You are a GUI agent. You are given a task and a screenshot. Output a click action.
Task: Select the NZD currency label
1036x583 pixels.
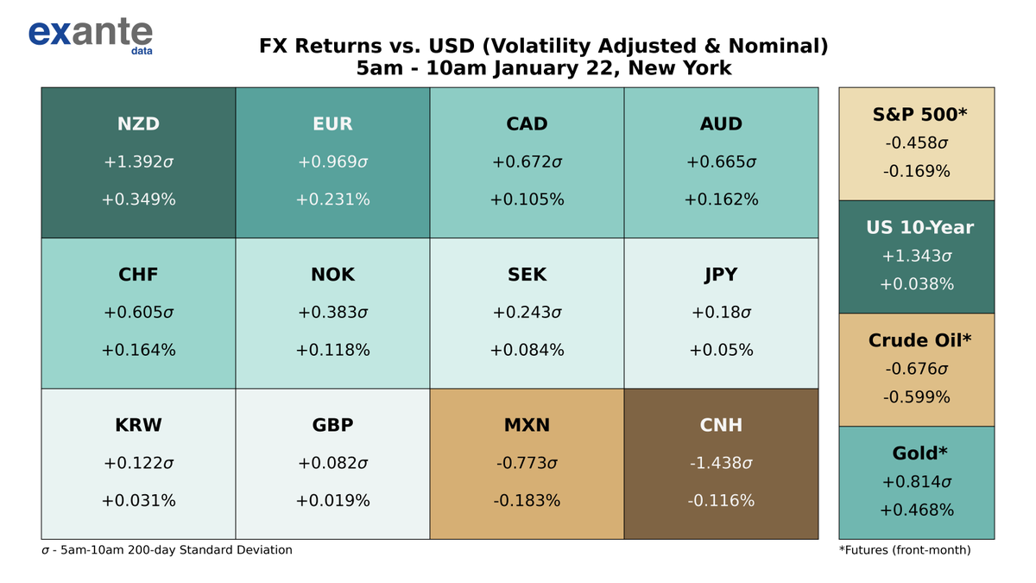pos(138,124)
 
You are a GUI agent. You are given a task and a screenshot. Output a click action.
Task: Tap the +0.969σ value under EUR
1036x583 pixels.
pos(332,162)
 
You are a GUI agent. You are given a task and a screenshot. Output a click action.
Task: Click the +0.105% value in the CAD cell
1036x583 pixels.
pos(527,200)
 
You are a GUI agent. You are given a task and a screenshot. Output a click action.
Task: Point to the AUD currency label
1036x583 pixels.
pos(721,124)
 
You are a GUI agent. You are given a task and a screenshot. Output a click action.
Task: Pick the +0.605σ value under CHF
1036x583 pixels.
pos(138,313)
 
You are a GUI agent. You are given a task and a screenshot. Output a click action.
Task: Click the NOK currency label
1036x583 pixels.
pos(332,275)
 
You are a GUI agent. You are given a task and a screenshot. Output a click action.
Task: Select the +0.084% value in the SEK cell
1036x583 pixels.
pos(527,350)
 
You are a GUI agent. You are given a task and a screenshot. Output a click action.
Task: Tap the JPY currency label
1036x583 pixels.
pos(721,275)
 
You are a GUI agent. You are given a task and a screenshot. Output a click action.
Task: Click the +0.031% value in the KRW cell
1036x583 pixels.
pos(138,501)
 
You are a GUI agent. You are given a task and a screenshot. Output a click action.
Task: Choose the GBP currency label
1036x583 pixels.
pos(332,425)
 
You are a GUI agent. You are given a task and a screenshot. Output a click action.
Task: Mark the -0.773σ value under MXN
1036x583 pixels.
pos(527,463)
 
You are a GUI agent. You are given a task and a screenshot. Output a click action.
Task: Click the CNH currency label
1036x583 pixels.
pos(721,425)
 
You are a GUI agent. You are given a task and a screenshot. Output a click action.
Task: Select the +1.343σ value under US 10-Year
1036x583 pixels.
pos(916,257)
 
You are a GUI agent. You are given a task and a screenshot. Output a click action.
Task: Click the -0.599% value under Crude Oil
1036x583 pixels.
pos(916,397)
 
